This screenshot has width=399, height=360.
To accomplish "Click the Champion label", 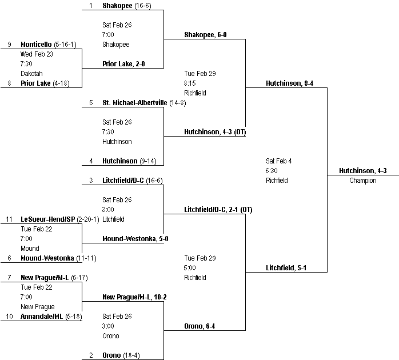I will tap(363, 181).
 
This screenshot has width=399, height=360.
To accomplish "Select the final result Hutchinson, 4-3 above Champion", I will tap(362, 170).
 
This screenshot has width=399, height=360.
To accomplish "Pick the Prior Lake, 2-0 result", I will tap(123, 64).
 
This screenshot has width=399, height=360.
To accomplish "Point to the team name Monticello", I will tap(37, 44).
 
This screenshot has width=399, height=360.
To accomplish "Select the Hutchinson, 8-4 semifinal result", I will tap(289, 83).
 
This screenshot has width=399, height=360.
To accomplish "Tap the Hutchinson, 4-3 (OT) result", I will tap(214, 132).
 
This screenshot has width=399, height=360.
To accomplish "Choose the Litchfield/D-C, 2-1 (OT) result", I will tap(218, 210).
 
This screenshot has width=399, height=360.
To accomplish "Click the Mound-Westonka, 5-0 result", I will tap(135, 239).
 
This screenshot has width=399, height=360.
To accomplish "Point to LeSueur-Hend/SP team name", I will tap(47, 219).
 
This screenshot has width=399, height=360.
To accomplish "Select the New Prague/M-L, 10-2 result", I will tap(134, 297).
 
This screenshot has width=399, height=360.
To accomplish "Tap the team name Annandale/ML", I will tap(41, 316).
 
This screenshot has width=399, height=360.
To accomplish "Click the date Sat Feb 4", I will tap(279, 161).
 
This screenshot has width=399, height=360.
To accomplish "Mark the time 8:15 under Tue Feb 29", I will tap(190, 83).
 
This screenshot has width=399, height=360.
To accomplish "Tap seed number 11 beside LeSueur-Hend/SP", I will tap(9, 219).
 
